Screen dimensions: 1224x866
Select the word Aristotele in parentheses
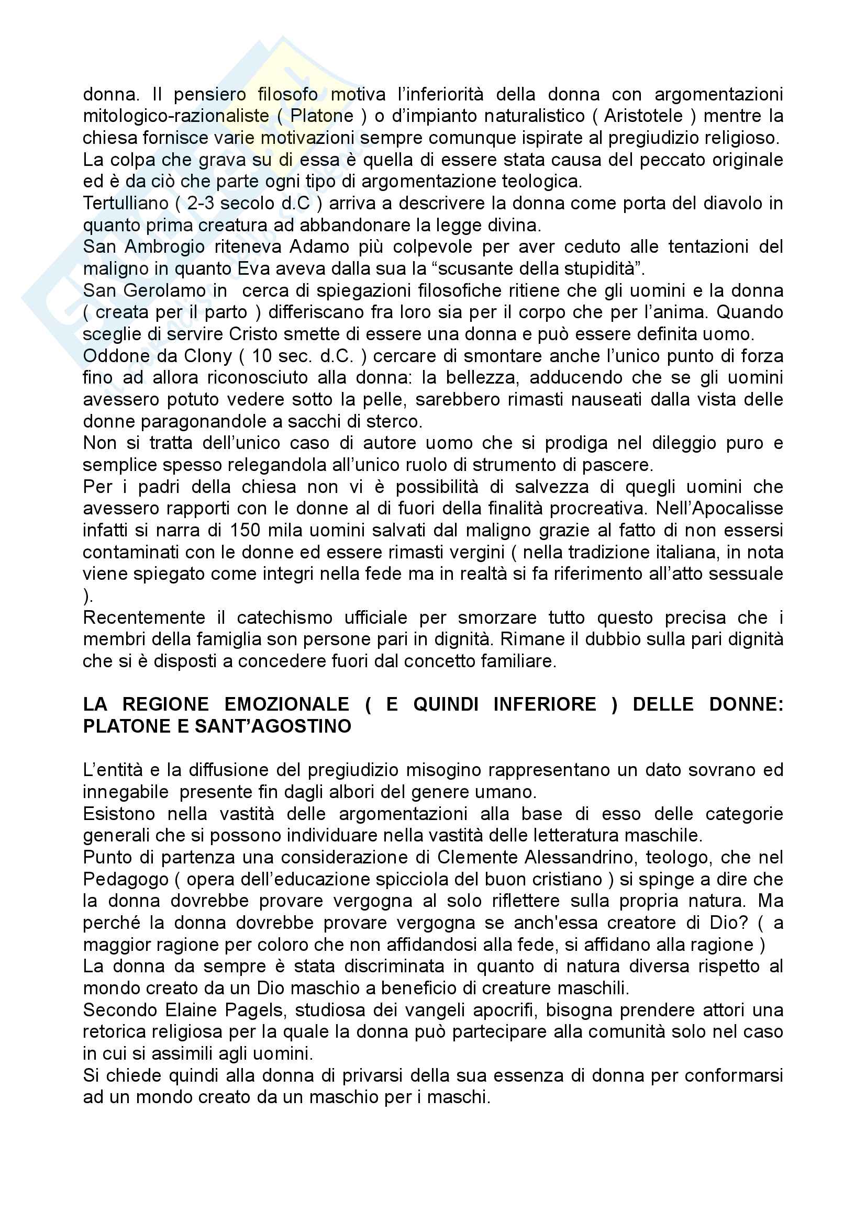[643, 116]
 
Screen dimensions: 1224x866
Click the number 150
[244, 531]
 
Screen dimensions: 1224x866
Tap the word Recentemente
[144, 618]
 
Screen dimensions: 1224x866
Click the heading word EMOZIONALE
[287, 704]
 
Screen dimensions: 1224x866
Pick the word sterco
[394, 422]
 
